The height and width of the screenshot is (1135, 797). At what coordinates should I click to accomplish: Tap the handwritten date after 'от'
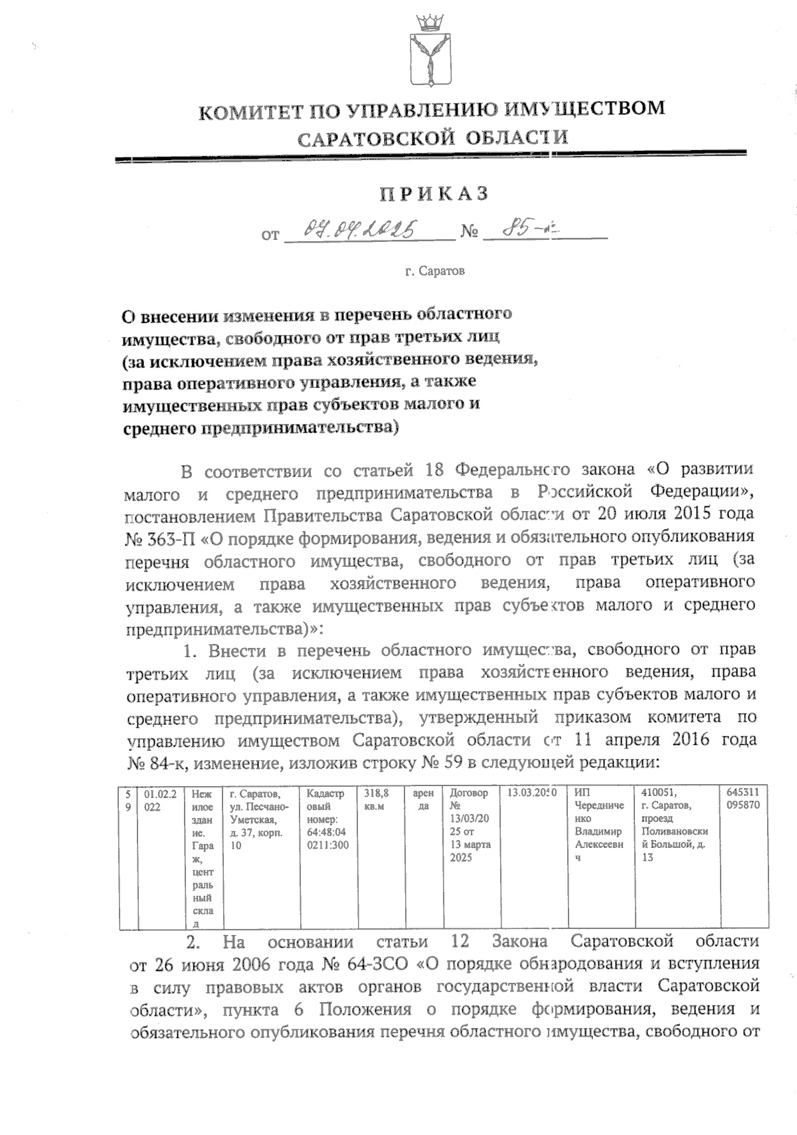(x=368, y=231)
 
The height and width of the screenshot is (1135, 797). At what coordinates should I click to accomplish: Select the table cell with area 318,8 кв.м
(x=377, y=799)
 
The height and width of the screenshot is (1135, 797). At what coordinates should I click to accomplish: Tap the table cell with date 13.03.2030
(x=531, y=793)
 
